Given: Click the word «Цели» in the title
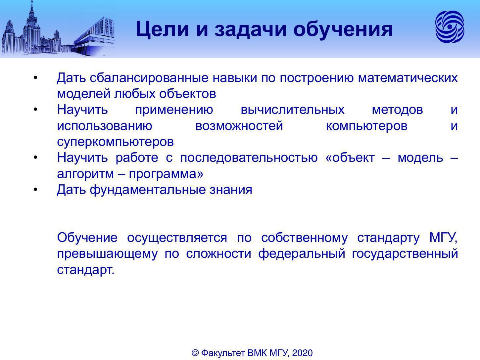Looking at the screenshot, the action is point(162,29).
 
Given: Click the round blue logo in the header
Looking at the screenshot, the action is point(450,27).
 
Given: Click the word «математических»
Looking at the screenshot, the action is point(408,78).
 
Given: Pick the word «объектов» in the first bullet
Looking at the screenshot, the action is point(187,94).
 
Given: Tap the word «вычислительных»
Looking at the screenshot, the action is point(293,110).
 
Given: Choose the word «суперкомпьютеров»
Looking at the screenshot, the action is point(116,142).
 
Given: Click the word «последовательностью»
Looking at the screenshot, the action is point(249,158).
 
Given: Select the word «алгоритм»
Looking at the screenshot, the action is point(85,174).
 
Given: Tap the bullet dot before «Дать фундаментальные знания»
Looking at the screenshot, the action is point(36,190).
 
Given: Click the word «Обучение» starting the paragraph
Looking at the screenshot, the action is point(87,238).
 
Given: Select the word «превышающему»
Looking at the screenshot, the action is point(107,254).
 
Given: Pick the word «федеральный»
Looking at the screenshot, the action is point(302,254).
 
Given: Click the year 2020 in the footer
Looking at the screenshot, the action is point(302,353).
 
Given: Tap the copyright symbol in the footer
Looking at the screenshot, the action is point(195,353).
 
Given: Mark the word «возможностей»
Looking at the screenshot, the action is point(239,126).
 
